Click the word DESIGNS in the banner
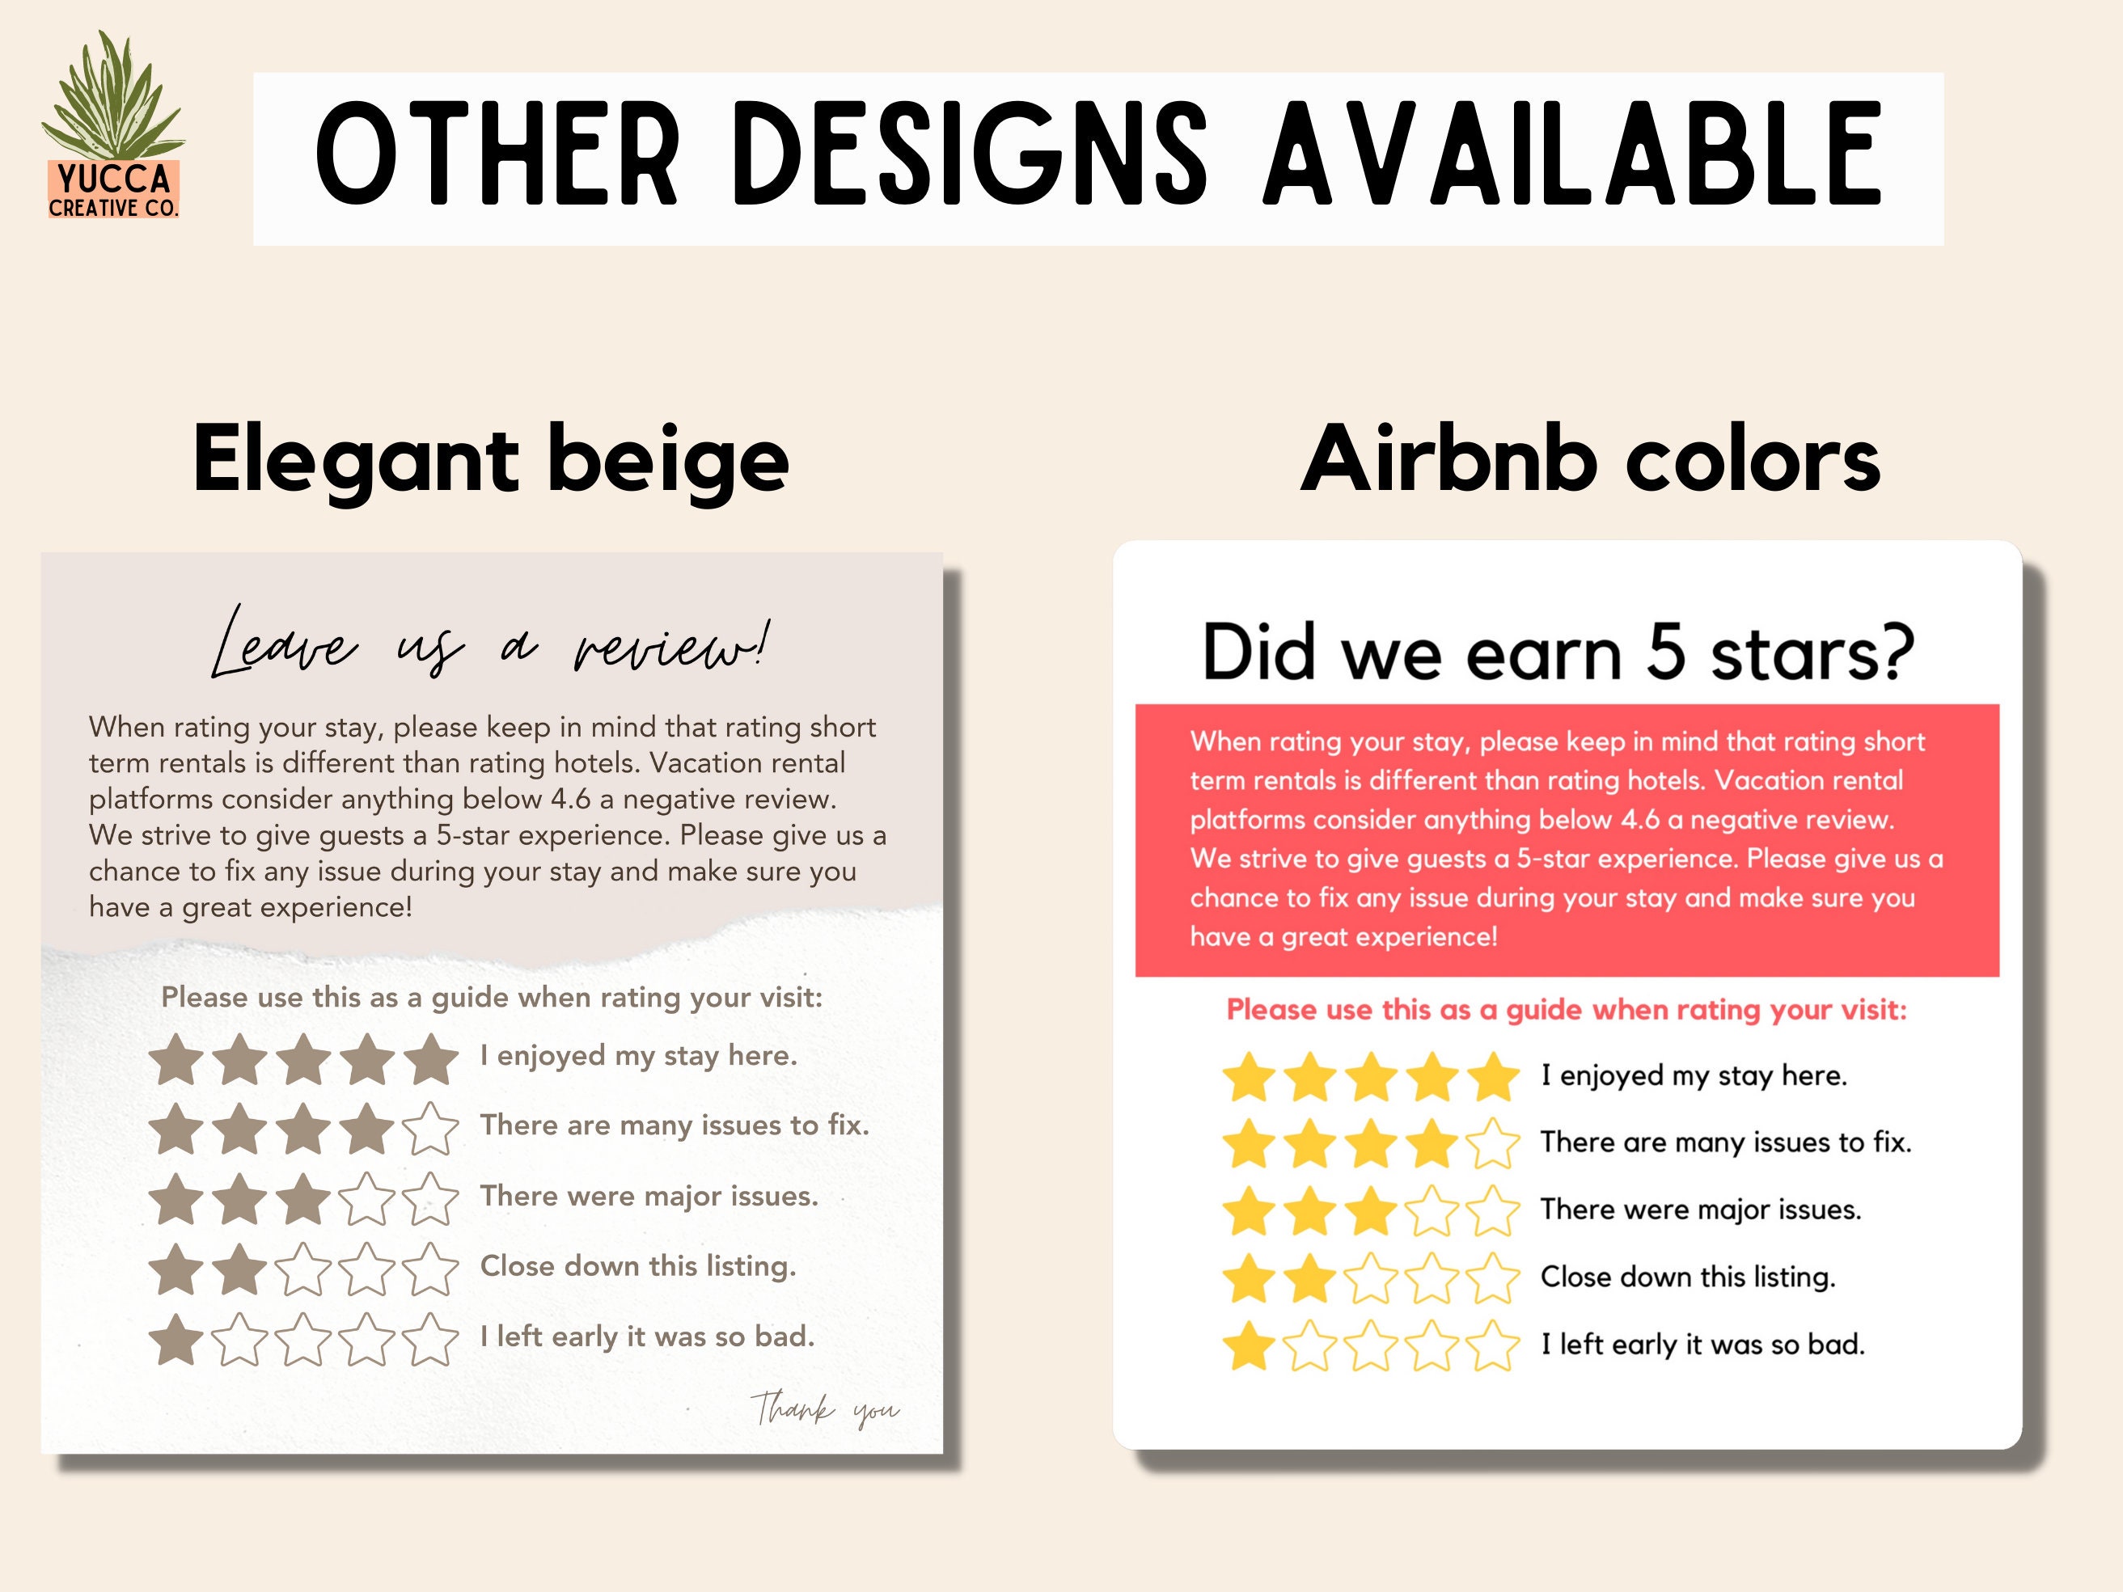[970, 156]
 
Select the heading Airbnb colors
[1589, 460]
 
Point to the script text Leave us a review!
[490, 643]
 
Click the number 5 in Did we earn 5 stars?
[1666, 652]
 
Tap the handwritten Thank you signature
[824, 1408]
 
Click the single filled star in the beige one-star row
[176, 1339]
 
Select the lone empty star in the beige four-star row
[431, 1129]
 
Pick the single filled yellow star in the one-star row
[1249, 1345]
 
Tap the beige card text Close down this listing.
[638, 1267]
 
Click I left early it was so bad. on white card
[1702, 1345]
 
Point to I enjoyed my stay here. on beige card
[638, 1056]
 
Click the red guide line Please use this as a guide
[1567, 1010]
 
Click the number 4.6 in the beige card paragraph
[570, 800]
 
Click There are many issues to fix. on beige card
[675, 1125]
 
